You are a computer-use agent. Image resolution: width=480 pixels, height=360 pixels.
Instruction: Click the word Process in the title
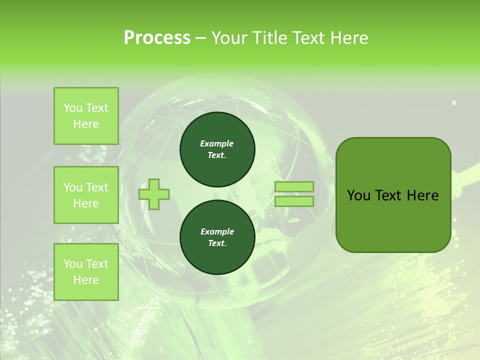point(157,38)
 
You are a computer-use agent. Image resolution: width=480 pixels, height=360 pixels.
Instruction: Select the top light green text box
point(86,116)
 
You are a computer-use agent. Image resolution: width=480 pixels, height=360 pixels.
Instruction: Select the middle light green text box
point(86,195)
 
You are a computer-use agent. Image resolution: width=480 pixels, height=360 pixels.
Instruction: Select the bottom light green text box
point(86,272)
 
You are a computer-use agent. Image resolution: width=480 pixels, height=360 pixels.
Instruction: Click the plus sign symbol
point(154,194)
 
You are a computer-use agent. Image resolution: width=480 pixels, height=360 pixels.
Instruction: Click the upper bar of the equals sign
point(294,187)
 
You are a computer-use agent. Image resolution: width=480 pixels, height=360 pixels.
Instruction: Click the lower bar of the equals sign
point(294,201)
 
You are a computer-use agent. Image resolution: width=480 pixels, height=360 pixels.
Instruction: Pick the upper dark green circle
point(217,149)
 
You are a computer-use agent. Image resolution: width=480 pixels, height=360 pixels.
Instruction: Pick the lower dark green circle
point(217,237)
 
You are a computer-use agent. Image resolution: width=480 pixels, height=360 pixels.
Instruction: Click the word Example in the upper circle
point(217,143)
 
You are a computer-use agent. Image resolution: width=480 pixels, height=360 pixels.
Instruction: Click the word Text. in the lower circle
point(217,243)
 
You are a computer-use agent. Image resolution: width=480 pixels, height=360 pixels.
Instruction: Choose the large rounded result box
point(393,195)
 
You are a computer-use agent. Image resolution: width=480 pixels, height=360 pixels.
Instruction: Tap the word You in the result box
point(358,195)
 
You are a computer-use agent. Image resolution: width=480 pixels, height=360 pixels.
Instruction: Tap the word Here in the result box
point(422,195)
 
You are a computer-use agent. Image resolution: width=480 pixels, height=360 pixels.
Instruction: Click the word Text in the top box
point(97,108)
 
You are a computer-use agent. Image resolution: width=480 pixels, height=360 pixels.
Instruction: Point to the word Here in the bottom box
point(86,280)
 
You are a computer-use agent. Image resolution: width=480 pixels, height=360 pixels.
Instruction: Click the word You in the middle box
point(73,187)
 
